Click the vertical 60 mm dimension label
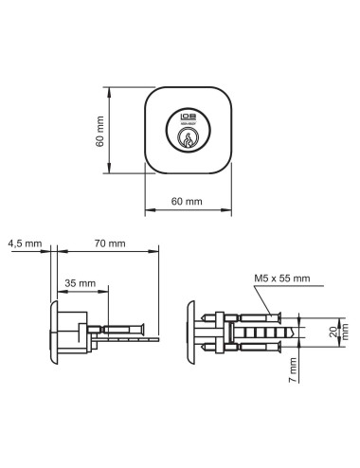tap(99, 134)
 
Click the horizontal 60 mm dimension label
tap(188, 202)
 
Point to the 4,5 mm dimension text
tap(25, 243)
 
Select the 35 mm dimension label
tap(80, 283)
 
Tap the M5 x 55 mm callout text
tap(281, 279)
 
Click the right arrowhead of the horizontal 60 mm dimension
tap(228, 211)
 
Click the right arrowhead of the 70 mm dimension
tap(154, 252)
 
